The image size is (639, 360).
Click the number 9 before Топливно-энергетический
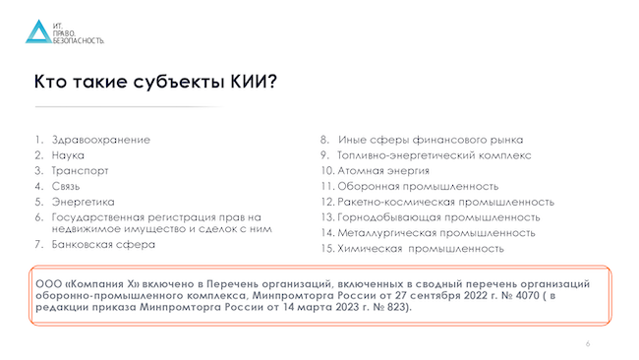pyautogui.click(x=325, y=155)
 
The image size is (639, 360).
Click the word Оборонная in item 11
pyautogui.click(x=372, y=186)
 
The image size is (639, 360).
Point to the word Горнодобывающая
pyautogui.click(x=389, y=217)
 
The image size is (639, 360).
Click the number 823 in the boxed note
pyautogui.click(x=396, y=308)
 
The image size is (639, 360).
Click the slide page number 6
pyautogui.click(x=587, y=344)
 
